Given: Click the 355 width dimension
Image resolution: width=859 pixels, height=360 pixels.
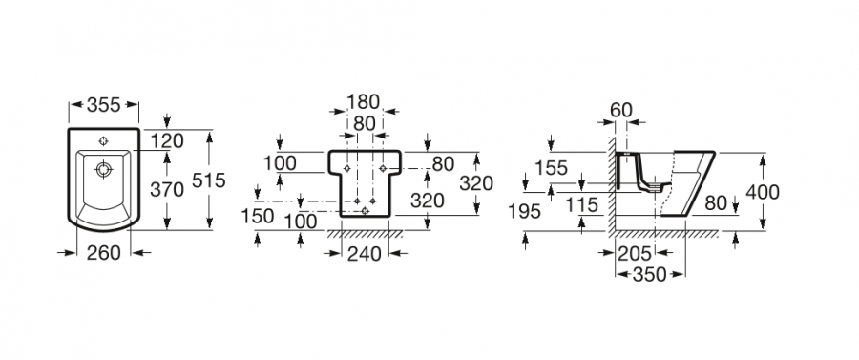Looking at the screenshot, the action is point(103,105).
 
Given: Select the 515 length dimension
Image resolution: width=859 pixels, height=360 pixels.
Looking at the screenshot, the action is point(209,180).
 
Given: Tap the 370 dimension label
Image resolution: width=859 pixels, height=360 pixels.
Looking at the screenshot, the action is point(167,190).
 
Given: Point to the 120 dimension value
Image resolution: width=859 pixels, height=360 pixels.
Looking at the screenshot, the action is point(167,140).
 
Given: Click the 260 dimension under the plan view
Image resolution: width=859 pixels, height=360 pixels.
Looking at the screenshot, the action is point(103,253).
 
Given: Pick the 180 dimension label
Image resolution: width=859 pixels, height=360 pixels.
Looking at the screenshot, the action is point(364,102).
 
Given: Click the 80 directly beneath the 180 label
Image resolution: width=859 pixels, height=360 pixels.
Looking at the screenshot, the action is point(364,123).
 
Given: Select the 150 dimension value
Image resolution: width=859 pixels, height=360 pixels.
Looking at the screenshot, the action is point(257,216).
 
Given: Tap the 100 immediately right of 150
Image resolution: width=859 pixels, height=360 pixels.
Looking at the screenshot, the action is point(301,222).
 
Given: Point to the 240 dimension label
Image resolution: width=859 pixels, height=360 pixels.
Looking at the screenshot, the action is point(365,254).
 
